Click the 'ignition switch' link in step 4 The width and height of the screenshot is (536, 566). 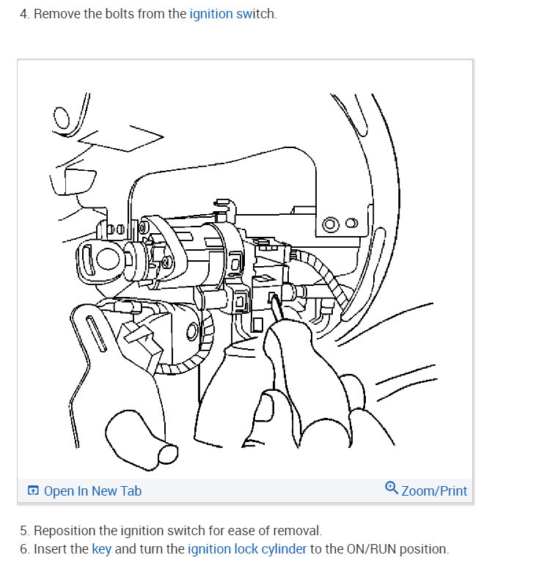(232, 14)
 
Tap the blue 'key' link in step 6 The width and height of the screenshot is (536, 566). (101, 548)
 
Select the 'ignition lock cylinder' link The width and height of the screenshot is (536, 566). (247, 548)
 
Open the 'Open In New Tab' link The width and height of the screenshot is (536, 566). (92, 491)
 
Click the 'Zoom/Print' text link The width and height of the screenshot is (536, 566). (434, 491)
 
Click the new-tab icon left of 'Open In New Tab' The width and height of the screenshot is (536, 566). (33, 491)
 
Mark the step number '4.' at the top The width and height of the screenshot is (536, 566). (25, 14)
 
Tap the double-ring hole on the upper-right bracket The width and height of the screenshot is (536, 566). (331, 223)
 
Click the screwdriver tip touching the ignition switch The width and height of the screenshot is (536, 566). (273, 298)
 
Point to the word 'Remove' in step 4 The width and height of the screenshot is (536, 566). (56, 14)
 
